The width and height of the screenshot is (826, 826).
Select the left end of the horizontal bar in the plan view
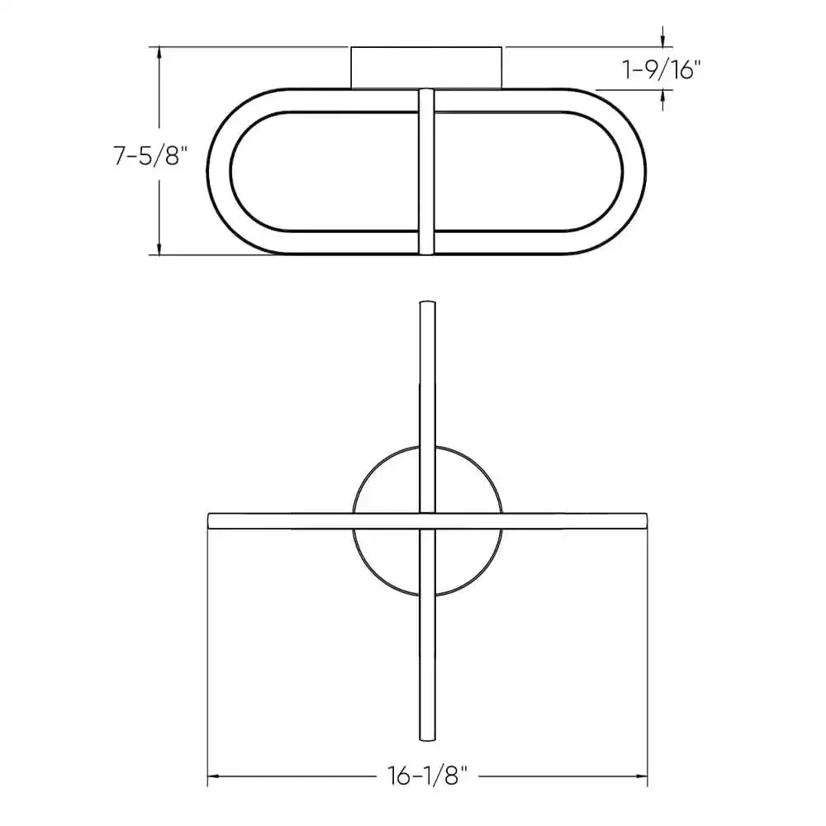(211, 520)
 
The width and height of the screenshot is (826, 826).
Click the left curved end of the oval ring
(218, 171)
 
